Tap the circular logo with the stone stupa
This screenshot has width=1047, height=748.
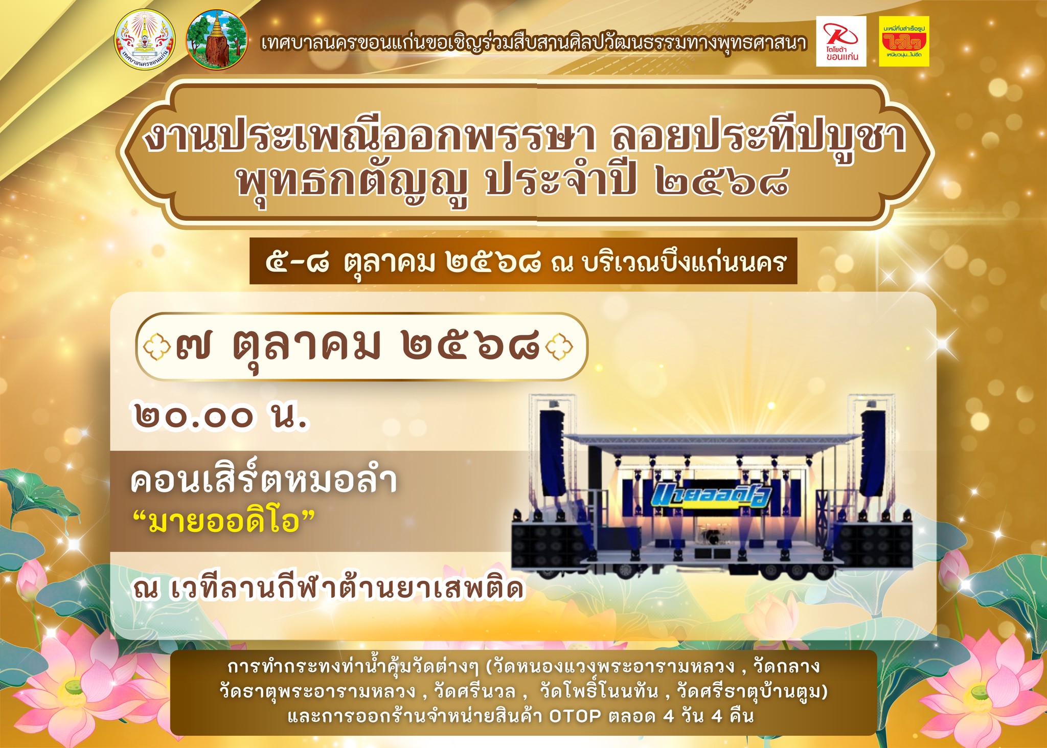pos(217,40)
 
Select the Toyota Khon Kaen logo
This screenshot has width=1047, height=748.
pos(841,41)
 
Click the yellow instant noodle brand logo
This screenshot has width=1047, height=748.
pos(904,41)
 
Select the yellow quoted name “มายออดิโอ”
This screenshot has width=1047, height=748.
pos(223,522)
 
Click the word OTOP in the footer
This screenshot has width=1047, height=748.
pos(575,716)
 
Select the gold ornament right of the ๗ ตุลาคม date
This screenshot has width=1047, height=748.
pos(559,347)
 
